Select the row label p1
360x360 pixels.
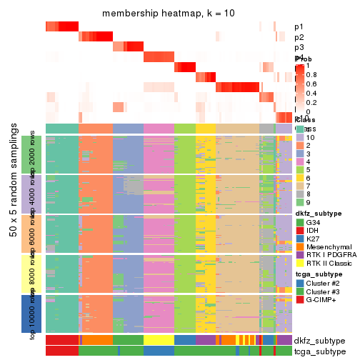tap(299, 27)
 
